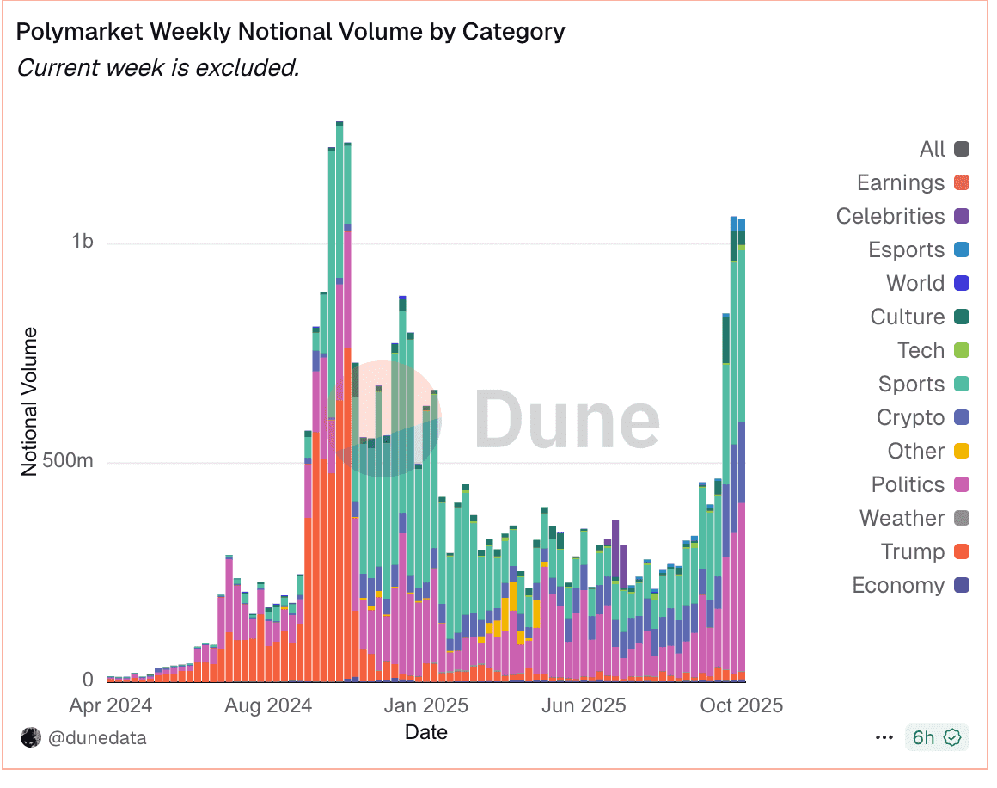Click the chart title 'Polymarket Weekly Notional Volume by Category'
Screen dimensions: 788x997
click(x=291, y=32)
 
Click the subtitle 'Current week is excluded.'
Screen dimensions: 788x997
click(x=158, y=67)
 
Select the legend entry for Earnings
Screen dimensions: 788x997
click(x=900, y=183)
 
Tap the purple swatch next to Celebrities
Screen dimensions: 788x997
click(x=962, y=217)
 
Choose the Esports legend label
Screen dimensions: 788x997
click(x=906, y=250)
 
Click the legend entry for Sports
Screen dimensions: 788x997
click(x=911, y=385)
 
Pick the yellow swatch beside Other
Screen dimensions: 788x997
click(x=962, y=452)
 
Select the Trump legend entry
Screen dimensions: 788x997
click(x=912, y=552)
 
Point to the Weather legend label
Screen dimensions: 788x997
click(x=902, y=519)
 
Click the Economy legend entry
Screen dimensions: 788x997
click(x=898, y=586)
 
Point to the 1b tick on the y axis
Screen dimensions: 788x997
click(x=82, y=242)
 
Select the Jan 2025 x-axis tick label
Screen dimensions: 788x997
click(x=425, y=706)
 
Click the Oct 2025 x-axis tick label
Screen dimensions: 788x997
click(x=740, y=706)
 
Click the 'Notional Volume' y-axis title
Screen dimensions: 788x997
click(x=30, y=401)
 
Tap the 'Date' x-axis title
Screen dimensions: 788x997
click(x=425, y=732)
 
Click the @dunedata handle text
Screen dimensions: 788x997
click(x=96, y=738)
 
